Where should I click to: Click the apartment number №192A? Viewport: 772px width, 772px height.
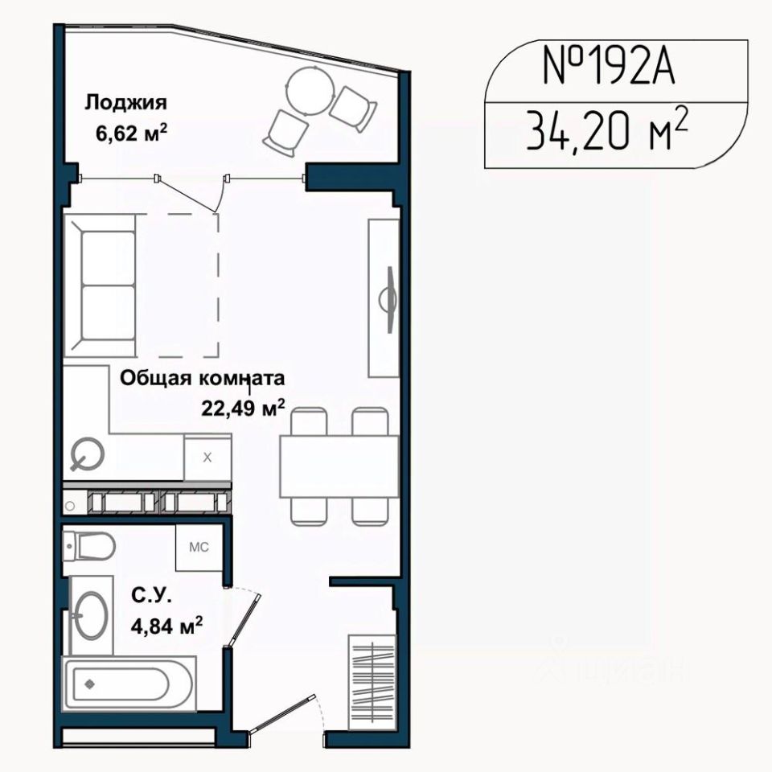click(x=608, y=66)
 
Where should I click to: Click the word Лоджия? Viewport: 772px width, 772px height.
click(x=126, y=103)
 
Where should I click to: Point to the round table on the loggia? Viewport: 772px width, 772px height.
click(x=311, y=91)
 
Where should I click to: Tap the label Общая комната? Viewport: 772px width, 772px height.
click(x=203, y=379)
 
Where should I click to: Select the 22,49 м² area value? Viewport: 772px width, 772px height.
click(x=243, y=409)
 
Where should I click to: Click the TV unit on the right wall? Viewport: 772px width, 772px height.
click(x=384, y=298)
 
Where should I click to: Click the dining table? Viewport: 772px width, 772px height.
click(x=339, y=466)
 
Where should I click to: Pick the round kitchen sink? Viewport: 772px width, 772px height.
click(x=87, y=454)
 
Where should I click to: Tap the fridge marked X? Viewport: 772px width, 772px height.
click(x=207, y=458)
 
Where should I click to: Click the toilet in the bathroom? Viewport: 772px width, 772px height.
click(x=88, y=546)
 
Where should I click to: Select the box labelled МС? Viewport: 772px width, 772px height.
click(x=199, y=547)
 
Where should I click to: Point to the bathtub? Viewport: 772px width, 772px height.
click(x=129, y=683)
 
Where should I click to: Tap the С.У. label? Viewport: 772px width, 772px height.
click(x=151, y=597)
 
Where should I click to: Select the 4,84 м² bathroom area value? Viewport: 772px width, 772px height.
click(x=166, y=626)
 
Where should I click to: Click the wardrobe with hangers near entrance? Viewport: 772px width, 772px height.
click(x=372, y=683)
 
